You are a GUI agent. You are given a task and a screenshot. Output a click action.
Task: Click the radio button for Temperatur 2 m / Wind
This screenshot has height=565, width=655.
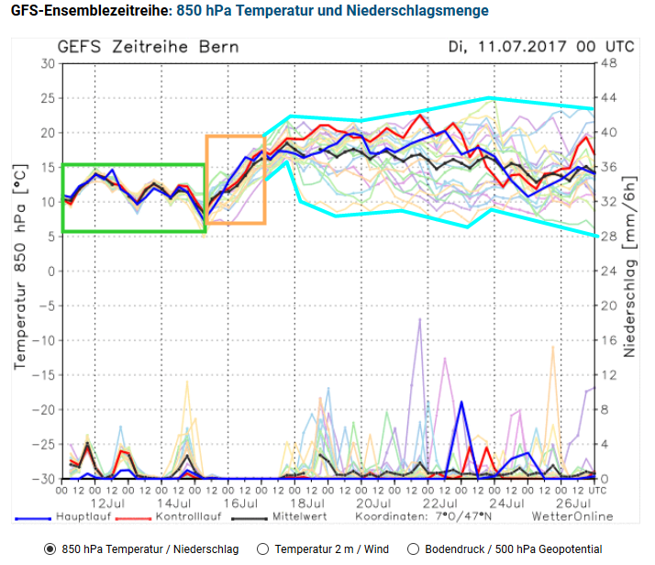(x=264, y=548)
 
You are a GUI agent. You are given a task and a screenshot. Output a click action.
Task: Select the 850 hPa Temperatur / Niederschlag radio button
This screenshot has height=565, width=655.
(x=50, y=548)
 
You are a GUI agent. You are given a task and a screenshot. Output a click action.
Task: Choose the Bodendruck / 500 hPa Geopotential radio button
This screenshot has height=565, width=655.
(x=413, y=548)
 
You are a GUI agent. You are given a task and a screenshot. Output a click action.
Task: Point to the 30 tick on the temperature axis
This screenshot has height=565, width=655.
(x=47, y=63)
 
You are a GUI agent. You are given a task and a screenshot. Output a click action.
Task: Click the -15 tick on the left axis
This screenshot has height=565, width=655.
(x=43, y=374)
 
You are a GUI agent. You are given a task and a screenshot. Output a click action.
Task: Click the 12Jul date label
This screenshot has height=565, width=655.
(x=107, y=504)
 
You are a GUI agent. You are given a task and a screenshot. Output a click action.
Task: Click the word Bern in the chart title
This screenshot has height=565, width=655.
(x=222, y=46)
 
